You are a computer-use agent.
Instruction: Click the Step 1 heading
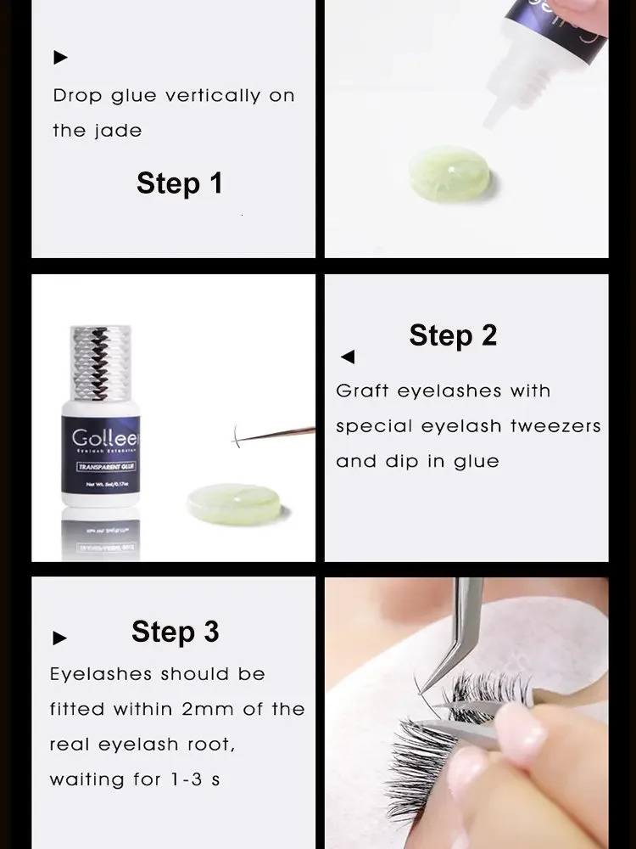(179, 183)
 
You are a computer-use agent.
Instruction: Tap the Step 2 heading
(453, 335)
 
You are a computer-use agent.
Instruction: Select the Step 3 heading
(175, 632)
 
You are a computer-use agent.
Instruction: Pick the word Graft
(362, 391)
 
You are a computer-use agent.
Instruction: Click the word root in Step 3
(211, 745)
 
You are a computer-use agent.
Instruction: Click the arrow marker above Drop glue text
(60, 58)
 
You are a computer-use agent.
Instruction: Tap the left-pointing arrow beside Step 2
(348, 357)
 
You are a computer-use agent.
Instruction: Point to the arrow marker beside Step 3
(59, 638)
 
